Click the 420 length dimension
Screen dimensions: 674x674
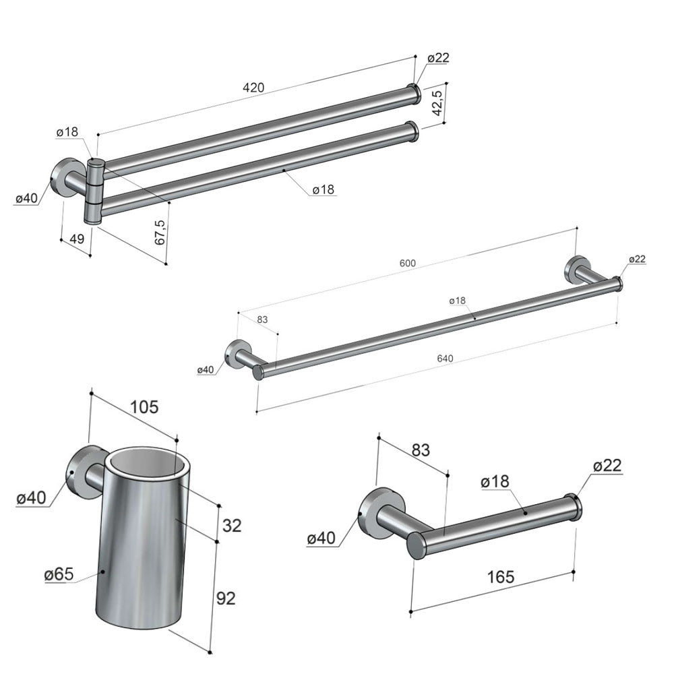point(253,88)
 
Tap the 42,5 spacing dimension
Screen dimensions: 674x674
point(437,102)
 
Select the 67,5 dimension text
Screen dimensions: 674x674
point(160,233)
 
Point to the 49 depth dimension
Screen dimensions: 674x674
point(77,239)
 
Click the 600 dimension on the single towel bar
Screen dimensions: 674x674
point(408,263)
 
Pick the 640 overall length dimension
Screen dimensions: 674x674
point(445,358)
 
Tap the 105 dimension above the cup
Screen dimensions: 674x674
point(144,406)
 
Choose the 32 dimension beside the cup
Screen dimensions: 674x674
point(232,525)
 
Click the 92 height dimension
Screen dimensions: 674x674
point(226,598)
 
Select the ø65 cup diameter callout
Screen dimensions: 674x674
point(59,574)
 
